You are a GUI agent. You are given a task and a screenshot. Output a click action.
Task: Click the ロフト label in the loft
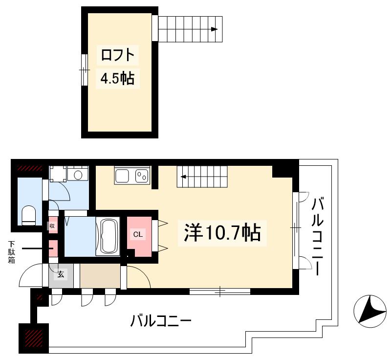(117, 55)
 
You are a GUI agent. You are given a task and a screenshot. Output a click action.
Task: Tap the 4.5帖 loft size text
(117, 78)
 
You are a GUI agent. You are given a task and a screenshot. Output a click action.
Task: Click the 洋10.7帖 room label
(222, 232)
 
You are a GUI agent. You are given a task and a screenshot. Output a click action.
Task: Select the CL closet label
(138, 234)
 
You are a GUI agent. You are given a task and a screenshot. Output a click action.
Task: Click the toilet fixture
(29, 216)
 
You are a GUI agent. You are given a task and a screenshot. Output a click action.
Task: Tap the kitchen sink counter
(131, 175)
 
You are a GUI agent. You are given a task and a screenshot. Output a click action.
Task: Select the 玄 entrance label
(61, 274)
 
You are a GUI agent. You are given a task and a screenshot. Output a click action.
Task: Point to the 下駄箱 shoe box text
(11, 252)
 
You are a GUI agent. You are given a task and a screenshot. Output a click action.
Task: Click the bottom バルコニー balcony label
(160, 321)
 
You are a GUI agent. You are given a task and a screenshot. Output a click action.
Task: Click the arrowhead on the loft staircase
(214, 29)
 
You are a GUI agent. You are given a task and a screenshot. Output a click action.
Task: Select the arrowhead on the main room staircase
(183, 177)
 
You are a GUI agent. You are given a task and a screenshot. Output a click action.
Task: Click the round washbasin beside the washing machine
(77, 175)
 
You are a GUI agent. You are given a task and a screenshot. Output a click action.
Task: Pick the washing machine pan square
(58, 174)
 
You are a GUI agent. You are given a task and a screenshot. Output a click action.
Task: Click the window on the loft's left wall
(85, 70)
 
